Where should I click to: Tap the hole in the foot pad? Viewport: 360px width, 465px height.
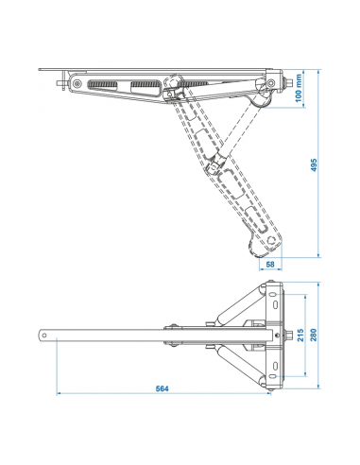[272, 240]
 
